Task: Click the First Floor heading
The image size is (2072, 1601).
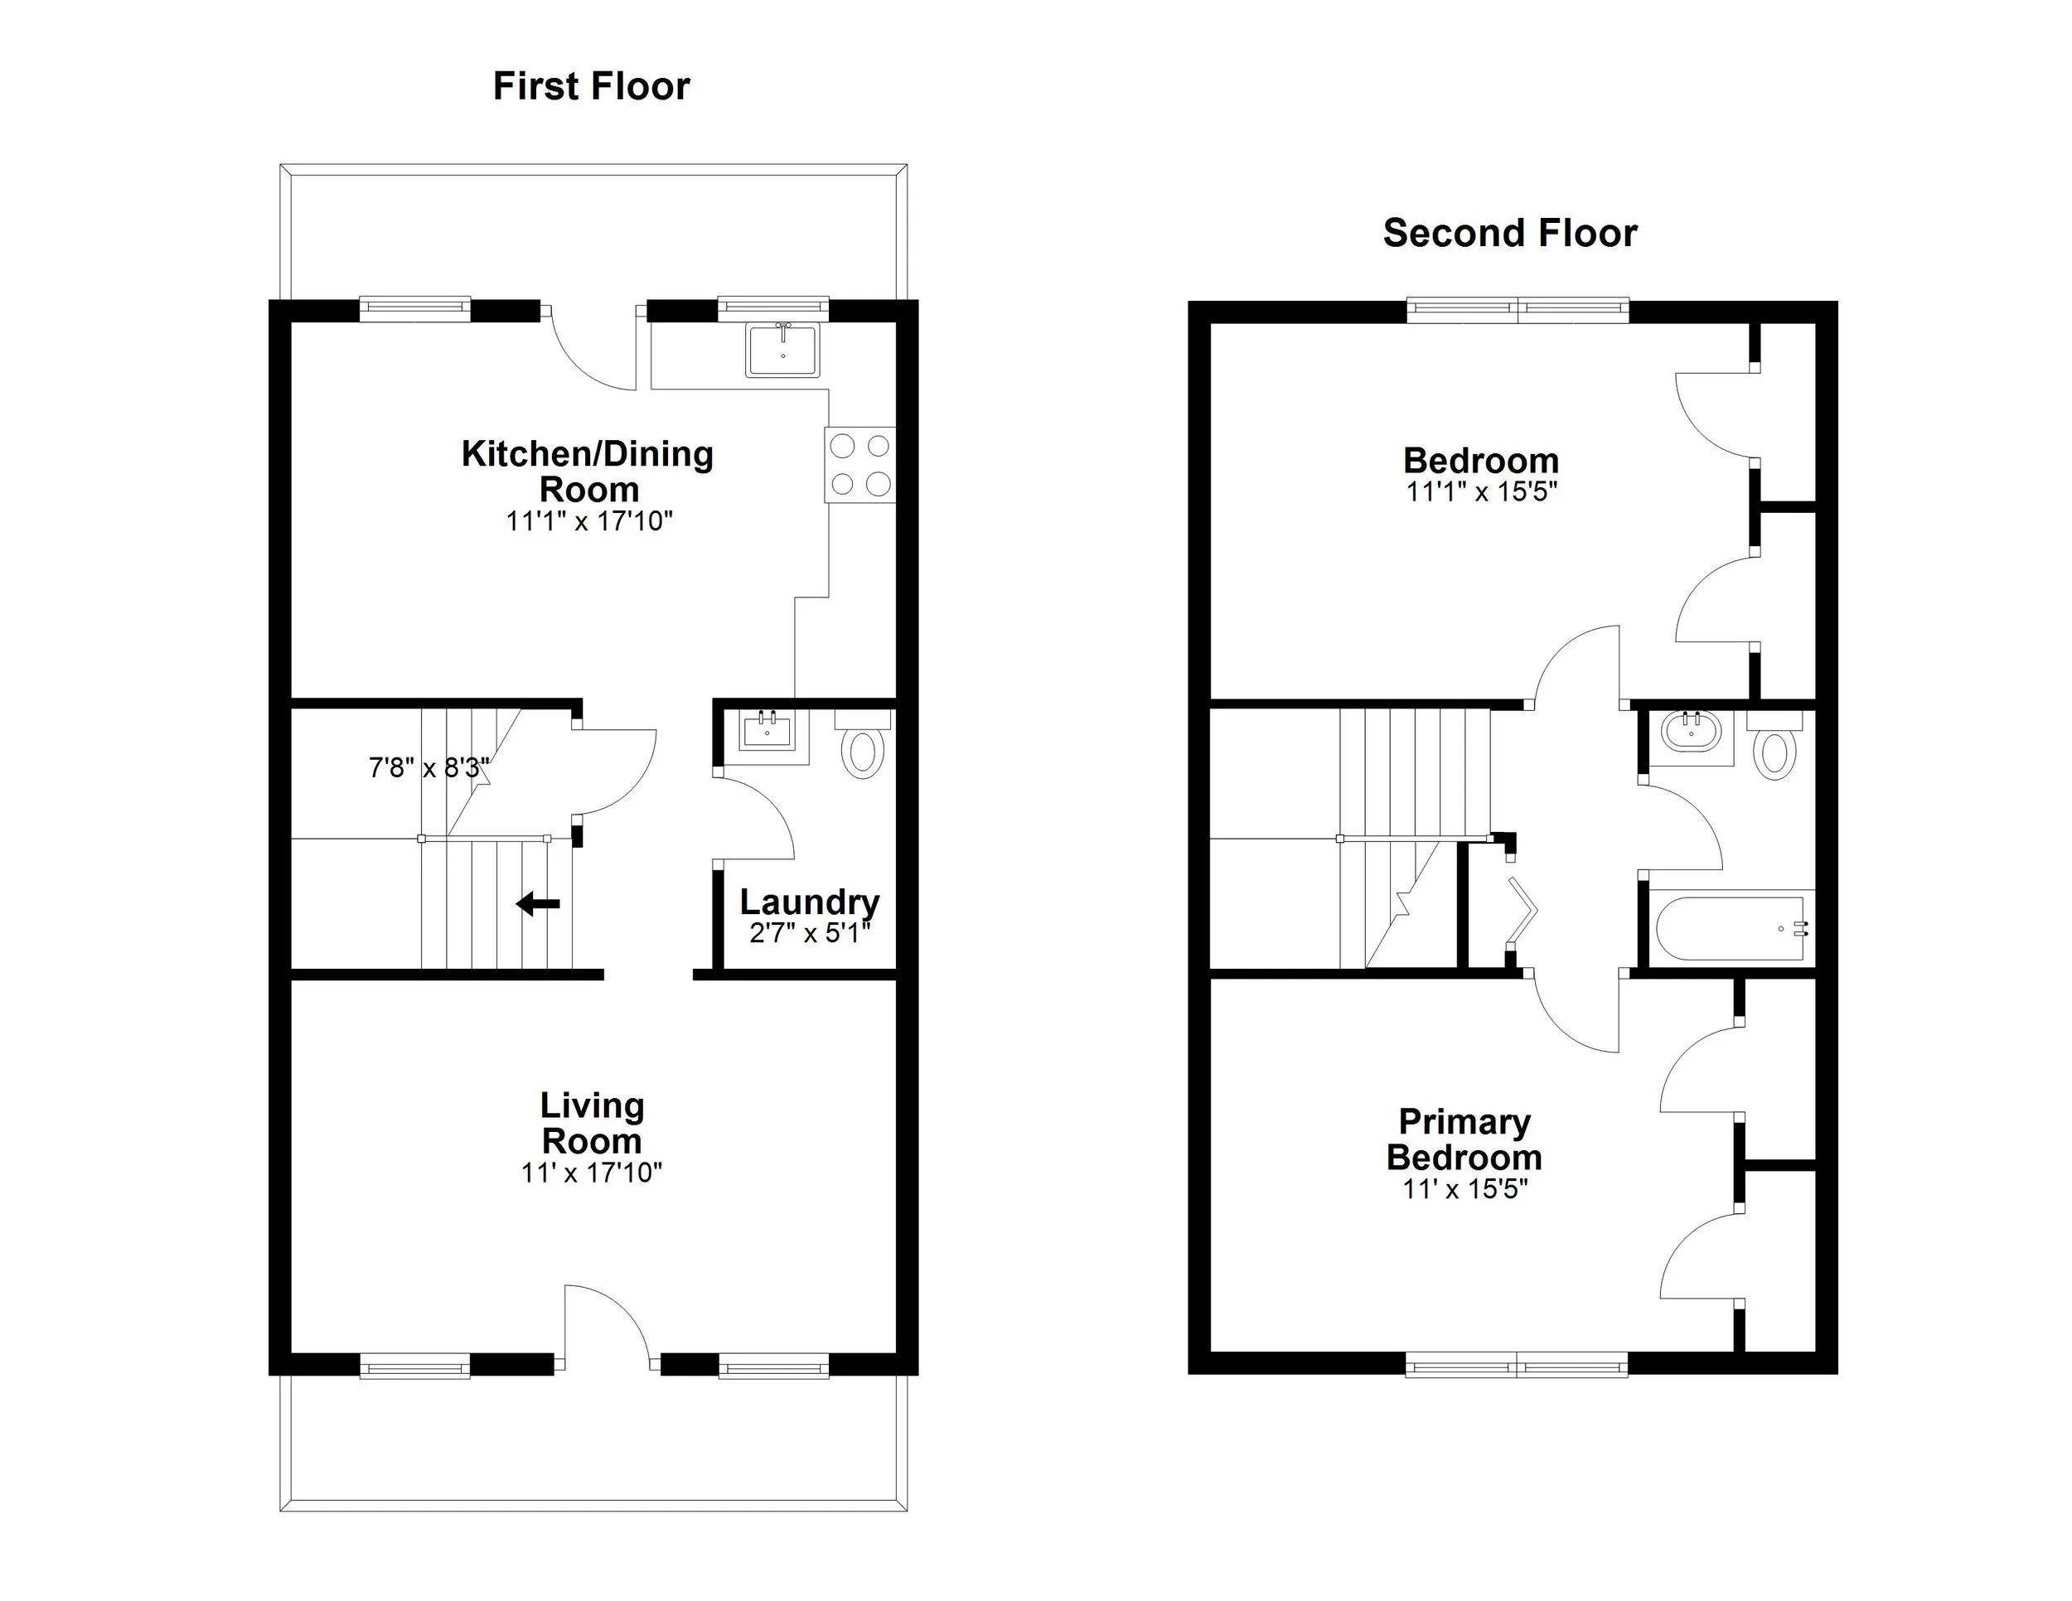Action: [x=591, y=86]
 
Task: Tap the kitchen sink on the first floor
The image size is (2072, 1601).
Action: [x=782, y=350]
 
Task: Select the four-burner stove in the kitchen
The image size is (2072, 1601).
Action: [x=860, y=465]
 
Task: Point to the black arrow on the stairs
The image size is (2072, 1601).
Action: [x=538, y=904]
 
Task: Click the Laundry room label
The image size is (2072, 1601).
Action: [x=809, y=901]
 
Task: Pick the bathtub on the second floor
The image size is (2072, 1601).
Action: [x=1729, y=927]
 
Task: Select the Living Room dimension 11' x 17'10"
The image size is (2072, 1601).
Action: [x=591, y=1173]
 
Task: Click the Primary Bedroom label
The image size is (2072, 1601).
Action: [x=1464, y=1139]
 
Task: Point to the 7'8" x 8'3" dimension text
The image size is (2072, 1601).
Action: [x=428, y=767]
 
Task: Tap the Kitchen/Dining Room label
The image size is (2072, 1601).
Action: [x=588, y=472]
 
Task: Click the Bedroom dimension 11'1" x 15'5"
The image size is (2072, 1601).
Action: [x=1481, y=491]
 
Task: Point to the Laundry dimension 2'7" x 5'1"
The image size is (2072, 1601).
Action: [x=809, y=933]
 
